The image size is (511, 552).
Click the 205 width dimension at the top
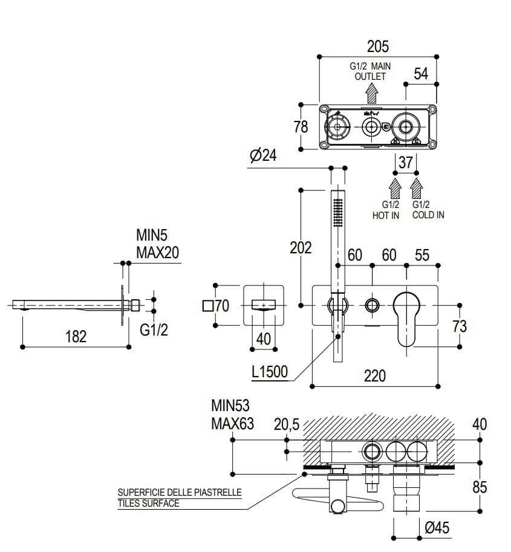tap(377, 46)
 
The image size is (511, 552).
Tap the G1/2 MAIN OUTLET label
tap(369, 71)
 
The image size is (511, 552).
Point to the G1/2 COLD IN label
tap(428, 210)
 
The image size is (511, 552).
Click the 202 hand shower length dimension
tap(301, 248)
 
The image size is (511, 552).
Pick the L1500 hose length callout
tap(270, 372)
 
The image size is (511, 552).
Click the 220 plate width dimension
tap(375, 375)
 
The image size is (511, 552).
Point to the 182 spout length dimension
tap(76, 336)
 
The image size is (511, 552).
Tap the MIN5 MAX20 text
tap(157, 243)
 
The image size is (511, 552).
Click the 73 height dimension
tap(460, 326)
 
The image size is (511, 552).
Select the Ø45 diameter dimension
tap(437, 528)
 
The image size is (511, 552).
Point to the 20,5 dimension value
tap(287, 425)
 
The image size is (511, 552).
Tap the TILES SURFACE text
tap(149, 503)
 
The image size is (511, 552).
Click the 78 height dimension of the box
tap(300, 127)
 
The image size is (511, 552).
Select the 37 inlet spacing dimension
tap(406, 162)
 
